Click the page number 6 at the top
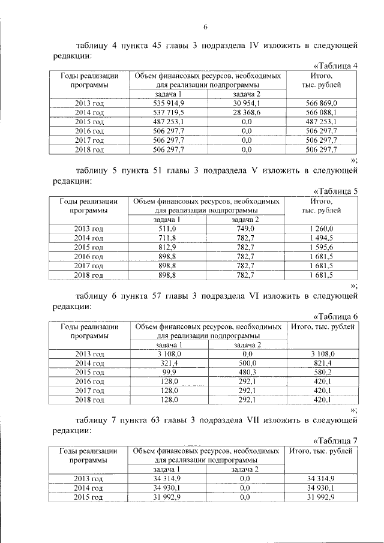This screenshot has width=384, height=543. click(204, 26)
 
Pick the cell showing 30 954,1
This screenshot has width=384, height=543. click(246, 103)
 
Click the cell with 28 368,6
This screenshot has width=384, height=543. click(246, 112)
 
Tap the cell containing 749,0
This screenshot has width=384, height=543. click(246, 229)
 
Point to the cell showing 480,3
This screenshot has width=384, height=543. click(246, 373)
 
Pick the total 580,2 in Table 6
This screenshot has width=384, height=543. click(322, 373)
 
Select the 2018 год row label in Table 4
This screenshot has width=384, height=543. click(89, 149)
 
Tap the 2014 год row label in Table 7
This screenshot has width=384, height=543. click(89, 489)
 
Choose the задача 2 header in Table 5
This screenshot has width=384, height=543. click(246, 220)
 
